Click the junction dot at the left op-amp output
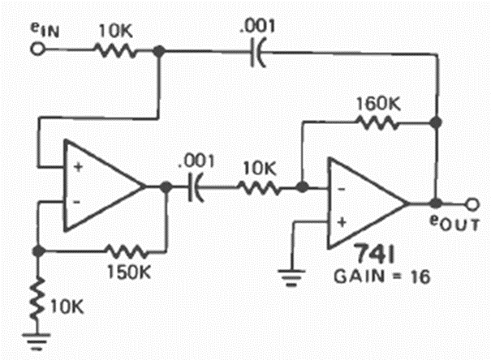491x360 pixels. pyautogui.click(x=166, y=186)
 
